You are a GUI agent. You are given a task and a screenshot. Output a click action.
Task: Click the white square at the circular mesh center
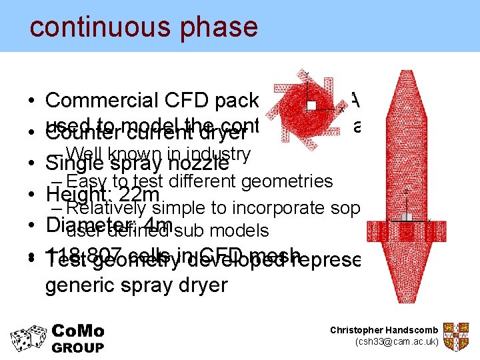point(311,105)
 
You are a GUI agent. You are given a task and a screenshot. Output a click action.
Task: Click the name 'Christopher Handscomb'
point(384,331)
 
